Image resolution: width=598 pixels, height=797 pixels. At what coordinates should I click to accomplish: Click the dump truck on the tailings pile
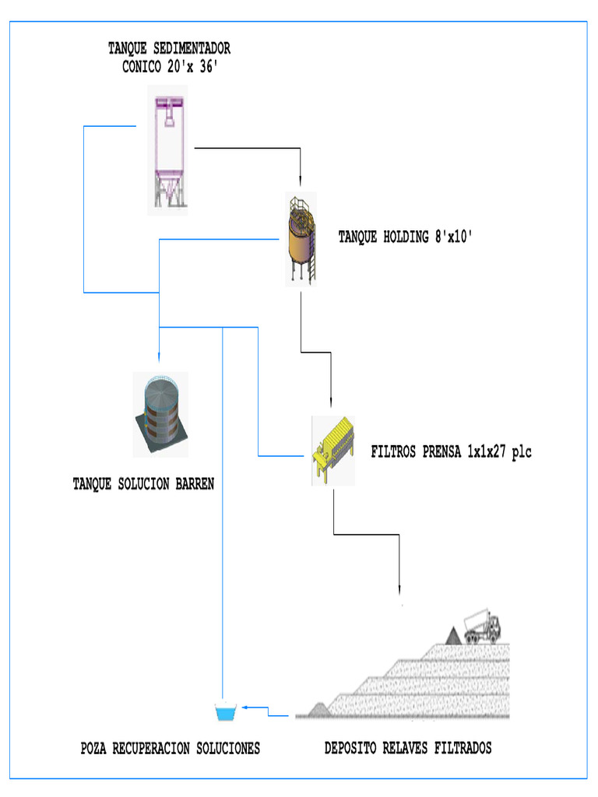pyautogui.click(x=483, y=627)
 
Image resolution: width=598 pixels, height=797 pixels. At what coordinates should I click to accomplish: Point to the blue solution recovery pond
pyautogui.click(x=227, y=711)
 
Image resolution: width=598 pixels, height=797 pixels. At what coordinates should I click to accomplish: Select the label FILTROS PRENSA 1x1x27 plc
pyautogui.click(x=451, y=452)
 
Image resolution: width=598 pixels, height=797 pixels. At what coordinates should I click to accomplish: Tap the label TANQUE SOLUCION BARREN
pyautogui.click(x=143, y=484)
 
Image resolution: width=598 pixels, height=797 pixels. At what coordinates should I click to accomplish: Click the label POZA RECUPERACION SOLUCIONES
pyautogui.click(x=170, y=749)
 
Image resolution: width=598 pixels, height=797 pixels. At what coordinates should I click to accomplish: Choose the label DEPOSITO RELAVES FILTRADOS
pyautogui.click(x=407, y=749)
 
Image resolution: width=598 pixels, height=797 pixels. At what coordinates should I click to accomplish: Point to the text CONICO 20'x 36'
pyautogui.click(x=169, y=67)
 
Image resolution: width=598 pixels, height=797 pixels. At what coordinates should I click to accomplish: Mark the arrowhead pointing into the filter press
pyautogui.click(x=332, y=402)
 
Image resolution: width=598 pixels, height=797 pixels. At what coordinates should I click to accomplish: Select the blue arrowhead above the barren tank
pyautogui.click(x=159, y=356)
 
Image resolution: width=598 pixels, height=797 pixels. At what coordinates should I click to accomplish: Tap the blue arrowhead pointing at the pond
pyautogui.click(x=244, y=707)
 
